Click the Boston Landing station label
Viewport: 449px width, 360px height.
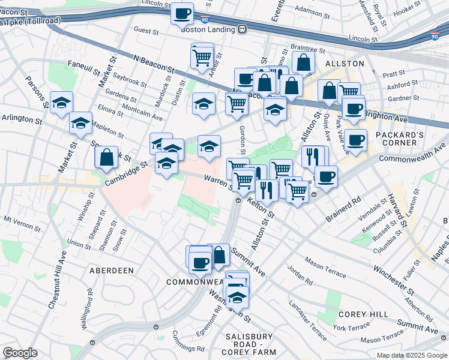[205, 28]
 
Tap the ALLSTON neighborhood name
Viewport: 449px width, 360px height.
[345, 63]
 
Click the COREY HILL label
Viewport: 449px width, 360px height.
[361, 314]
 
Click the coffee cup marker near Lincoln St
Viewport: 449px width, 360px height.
[182, 13]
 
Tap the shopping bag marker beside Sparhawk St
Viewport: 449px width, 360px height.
[106, 157]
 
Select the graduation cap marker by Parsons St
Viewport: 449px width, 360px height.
[61, 103]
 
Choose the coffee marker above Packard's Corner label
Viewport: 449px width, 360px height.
[355, 140]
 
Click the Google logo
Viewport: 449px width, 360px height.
[20, 353]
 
